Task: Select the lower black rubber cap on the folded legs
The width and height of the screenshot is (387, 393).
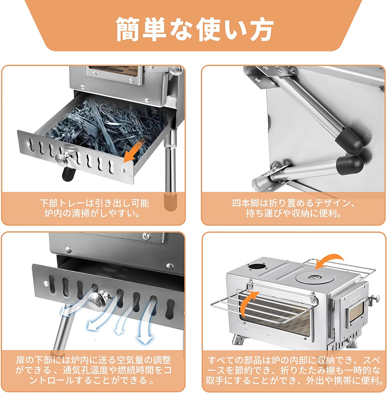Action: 350,164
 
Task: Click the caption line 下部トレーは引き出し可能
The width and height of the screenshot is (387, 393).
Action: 94,203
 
